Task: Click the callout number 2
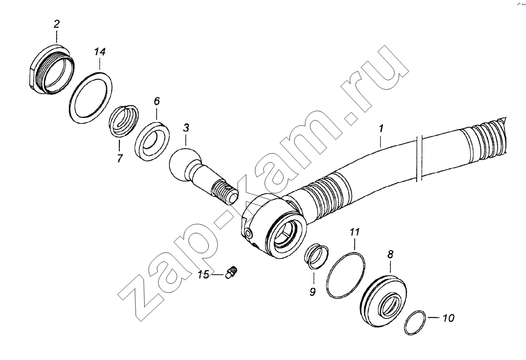point(56,24)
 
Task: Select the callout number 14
point(99,52)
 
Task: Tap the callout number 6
point(157,102)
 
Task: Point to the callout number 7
point(120,158)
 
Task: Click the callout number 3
point(186,128)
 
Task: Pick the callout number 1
point(381,128)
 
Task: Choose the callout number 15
point(203,274)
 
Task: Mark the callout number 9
point(312,292)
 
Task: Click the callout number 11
point(355,232)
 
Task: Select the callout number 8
point(390,255)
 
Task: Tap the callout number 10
point(449,318)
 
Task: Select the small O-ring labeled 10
point(416,323)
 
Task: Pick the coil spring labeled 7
point(124,121)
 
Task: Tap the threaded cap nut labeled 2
point(51,71)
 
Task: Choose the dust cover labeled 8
point(386,301)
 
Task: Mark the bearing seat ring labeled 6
point(152,141)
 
